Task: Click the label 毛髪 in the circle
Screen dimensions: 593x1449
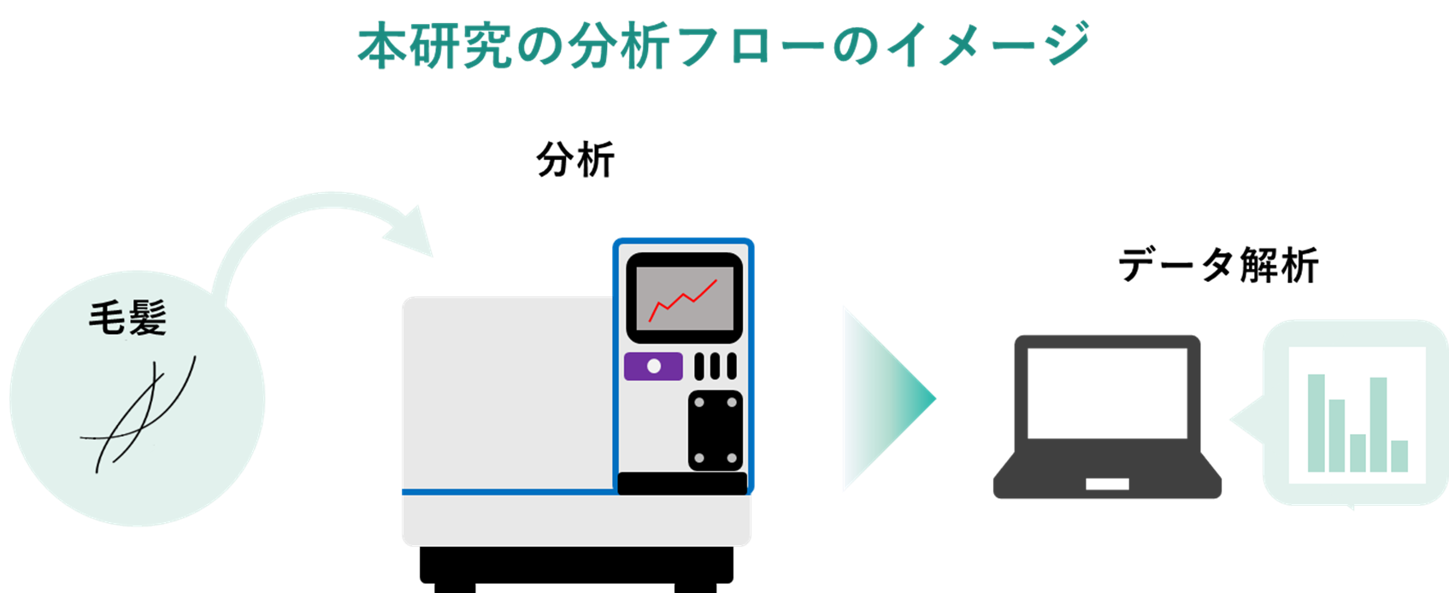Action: [127, 318]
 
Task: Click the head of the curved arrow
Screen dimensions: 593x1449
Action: [414, 232]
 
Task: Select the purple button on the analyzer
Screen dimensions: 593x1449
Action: [653, 366]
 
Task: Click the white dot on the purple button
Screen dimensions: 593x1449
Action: [654, 366]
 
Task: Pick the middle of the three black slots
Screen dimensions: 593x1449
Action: [716, 366]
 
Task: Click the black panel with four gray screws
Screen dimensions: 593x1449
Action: [716, 431]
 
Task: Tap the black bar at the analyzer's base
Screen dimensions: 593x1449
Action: [682, 483]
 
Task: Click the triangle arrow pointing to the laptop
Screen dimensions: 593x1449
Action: [881, 398]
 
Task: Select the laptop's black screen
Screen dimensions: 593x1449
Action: [1106, 392]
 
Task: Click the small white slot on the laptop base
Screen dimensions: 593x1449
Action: [1107, 484]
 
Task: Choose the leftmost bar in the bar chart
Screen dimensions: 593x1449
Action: [1316, 423]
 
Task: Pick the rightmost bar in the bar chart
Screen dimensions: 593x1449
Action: [1399, 455]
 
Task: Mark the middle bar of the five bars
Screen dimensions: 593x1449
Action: [1358, 452]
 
